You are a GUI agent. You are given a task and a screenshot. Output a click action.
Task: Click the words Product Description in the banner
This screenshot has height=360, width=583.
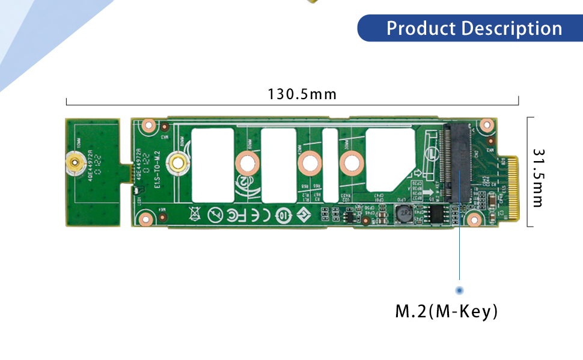[x=474, y=28]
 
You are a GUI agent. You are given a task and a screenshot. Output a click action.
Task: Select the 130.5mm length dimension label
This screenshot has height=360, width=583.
[x=302, y=94]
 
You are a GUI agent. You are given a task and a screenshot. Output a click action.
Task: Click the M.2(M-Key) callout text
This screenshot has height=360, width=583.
[x=446, y=311]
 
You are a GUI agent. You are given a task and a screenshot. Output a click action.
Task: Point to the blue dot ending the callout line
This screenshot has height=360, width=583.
[x=460, y=290]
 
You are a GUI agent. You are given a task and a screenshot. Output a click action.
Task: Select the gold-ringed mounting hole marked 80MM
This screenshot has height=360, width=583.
[x=177, y=162]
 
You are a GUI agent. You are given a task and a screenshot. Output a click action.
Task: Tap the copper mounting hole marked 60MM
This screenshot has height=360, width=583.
[x=246, y=162]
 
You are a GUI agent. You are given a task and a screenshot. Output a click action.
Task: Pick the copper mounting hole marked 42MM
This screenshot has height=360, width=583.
[x=310, y=162]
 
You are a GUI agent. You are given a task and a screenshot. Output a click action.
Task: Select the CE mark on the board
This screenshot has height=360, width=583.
[x=261, y=215]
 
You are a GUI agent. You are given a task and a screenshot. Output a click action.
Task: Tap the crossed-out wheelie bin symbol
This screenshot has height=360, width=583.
[x=194, y=214]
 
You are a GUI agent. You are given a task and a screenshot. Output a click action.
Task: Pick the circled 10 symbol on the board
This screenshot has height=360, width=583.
[x=282, y=215]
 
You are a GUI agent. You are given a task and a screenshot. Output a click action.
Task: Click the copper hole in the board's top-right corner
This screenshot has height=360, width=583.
[x=486, y=126]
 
